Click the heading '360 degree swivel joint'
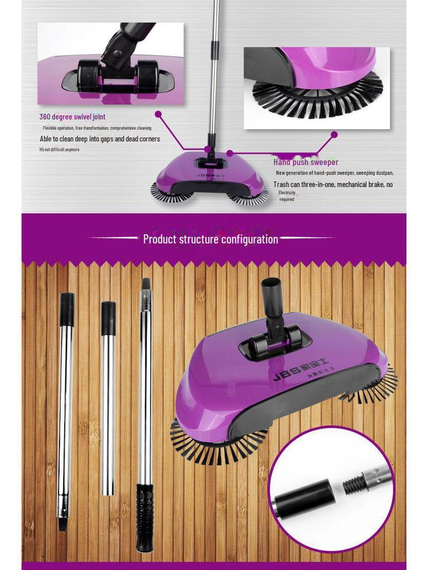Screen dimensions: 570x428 pos(72,117)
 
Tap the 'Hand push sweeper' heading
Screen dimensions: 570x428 pos(305,163)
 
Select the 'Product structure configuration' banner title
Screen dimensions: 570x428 pos(211,239)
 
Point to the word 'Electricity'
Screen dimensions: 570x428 pos(287,193)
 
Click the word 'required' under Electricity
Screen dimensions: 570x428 pos(286,199)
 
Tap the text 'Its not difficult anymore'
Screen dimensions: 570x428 pos(59,150)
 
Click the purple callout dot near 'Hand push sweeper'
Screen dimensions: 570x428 pos(334,134)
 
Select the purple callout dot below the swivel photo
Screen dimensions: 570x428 pos(158,114)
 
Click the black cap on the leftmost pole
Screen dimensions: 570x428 pos(67,309)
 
